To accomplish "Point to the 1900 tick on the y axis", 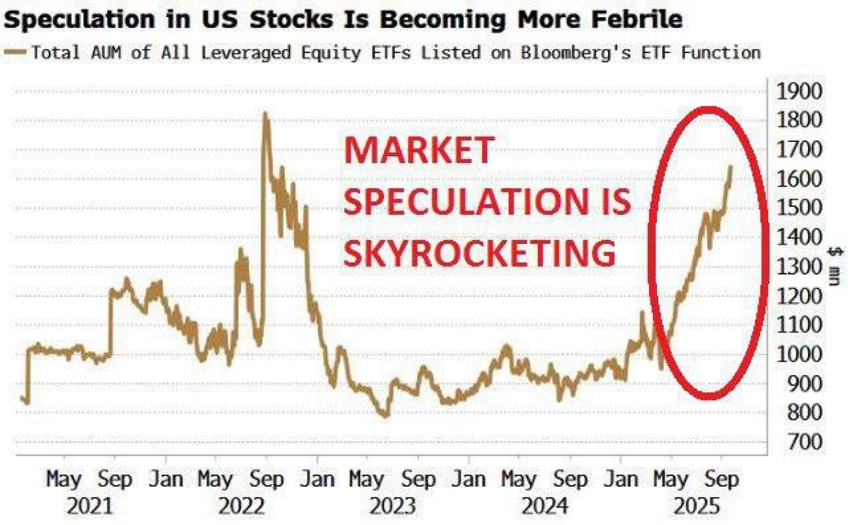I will (799, 92).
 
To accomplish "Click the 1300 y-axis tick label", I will (799, 267).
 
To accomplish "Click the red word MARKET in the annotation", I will (419, 151).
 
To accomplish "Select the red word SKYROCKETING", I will (479, 253).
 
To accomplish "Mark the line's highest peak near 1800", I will (265, 114).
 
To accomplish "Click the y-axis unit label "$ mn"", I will (835, 266).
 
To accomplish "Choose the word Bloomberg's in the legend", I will (576, 53).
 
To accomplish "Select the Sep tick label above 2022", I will (266, 479).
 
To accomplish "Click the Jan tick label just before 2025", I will (620, 479).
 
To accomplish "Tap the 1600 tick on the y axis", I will (799, 179).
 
